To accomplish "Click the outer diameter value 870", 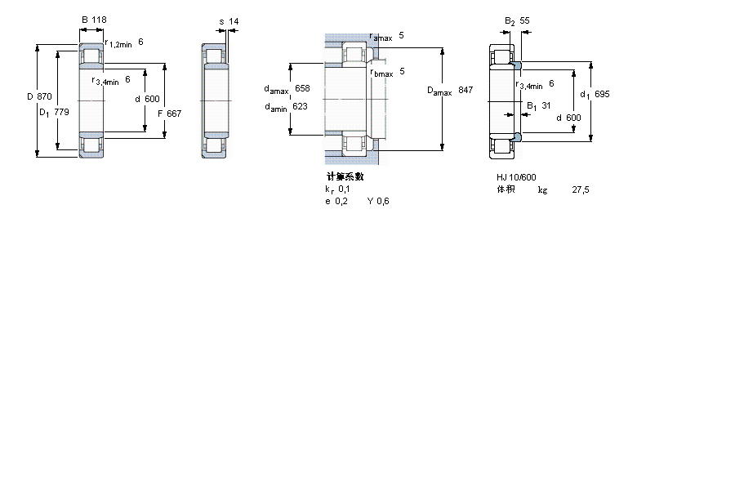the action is pyautogui.click(x=44, y=96).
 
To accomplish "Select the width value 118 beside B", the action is pyautogui.click(x=99, y=20).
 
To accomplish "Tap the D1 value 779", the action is pyautogui.click(x=61, y=112).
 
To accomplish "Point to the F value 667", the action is pyautogui.click(x=174, y=114).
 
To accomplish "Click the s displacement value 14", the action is pyautogui.click(x=234, y=21).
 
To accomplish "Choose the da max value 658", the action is pyautogui.click(x=302, y=89).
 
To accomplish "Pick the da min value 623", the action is pyautogui.click(x=300, y=106).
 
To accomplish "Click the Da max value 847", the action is pyautogui.click(x=465, y=90).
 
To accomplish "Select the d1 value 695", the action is pyautogui.click(x=602, y=94).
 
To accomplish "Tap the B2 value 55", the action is pyautogui.click(x=524, y=21).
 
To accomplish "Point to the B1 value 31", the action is pyautogui.click(x=546, y=106).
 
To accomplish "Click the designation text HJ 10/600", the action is pyautogui.click(x=516, y=177).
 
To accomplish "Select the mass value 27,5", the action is pyautogui.click(x=581, y=190).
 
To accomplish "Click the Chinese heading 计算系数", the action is pyautogui.click(x=345, y=176).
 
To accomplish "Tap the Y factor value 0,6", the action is pyautogui.click(x=382, y=201).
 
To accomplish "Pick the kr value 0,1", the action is pyautogui.click(x=344, y=189).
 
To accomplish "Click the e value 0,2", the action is pyautogui.click(x=341, y=201).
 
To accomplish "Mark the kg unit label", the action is pyautogui.click(x=542, y=190).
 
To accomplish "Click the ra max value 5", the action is pyautogui.click(x=401, y=36).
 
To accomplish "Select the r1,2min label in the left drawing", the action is pyautogui.click(x=118, y=43).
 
